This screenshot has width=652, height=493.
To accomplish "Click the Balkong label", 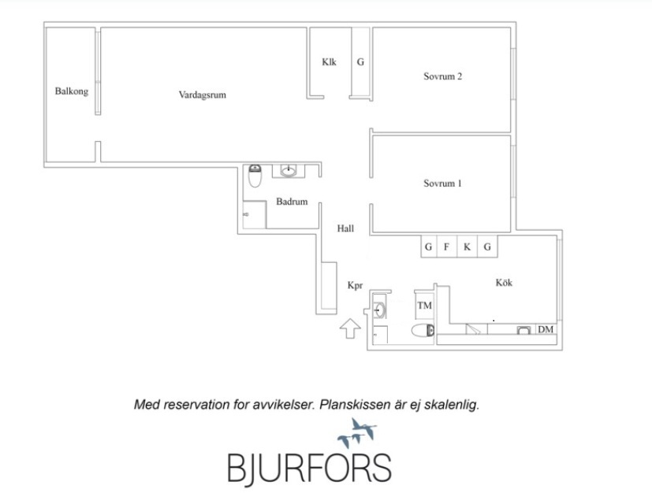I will pyautogui.click(x=71, y=91).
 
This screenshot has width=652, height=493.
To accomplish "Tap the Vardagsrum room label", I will pyautogui.click(x=203, y=95).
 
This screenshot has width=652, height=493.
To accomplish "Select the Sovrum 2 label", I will pyautogui.click(x=442, y=76).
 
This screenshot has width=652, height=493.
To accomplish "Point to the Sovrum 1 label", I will pyautogui.click(x=442, y=183).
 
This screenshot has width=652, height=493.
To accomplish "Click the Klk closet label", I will pyautogui.click(x=329, y=62).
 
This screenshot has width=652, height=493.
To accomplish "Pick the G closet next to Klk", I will pyautogui.click(x=360, y=62).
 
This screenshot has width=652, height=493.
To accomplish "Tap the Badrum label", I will pyautogui.click(x=291, y=202).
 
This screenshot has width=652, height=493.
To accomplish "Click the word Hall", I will pyautogui.click(x=345, y=229).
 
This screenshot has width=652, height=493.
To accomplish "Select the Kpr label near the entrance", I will pyautogui.click(x=354, y=286).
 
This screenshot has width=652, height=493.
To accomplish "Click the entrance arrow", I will pyautogui.click(x=348, y=328).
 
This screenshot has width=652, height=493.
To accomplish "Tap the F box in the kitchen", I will pyautogui.click(x=447, y=247).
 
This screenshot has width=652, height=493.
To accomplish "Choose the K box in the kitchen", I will pyautogui.click(x=467, y=247).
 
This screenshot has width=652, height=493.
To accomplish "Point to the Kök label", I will pyautogui.click(x=504, y=282).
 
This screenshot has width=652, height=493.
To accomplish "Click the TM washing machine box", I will pyautogui.click(x=424, y=306).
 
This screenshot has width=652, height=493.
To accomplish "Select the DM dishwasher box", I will pyautogui.click(x=545, y=329).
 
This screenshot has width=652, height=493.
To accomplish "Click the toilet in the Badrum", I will pyautogui.click(x=255, y=177).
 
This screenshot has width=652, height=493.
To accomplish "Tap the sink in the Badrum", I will pyautogui.click(x=289, y=170).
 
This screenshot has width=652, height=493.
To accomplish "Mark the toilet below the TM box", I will pyautogui.click(x=423, y=331).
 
